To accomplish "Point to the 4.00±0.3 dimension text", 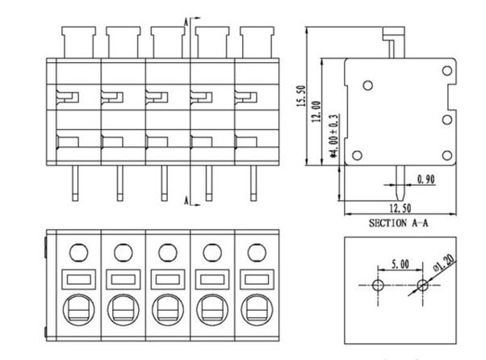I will pos(333,134).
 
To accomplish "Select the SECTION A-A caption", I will pos(399,223).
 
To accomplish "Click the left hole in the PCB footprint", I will pos(377,286).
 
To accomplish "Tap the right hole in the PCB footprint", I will pos(421,286).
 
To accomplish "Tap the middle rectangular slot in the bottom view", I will pos(167,280).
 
